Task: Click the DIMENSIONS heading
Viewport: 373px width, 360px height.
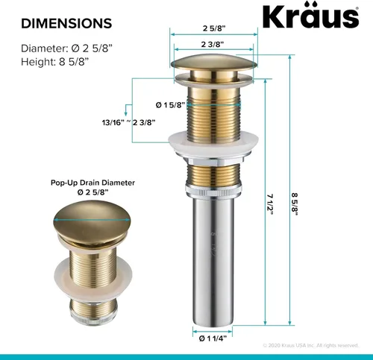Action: pyautogui.click(x=66, y=23)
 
